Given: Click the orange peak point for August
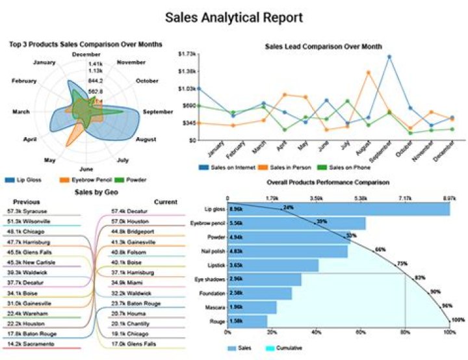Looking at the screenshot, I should (x=369, y=72).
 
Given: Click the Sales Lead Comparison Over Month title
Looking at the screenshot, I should (x=323, y=46).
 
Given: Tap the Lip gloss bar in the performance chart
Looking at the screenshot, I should (x=338, y=209).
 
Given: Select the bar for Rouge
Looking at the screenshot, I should (x=247, y=321).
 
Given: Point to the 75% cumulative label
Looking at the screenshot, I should (x=402, y=264).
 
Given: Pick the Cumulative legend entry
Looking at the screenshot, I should (x=289, y=349).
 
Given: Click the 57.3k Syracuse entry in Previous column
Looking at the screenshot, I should (x=29, y=212).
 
